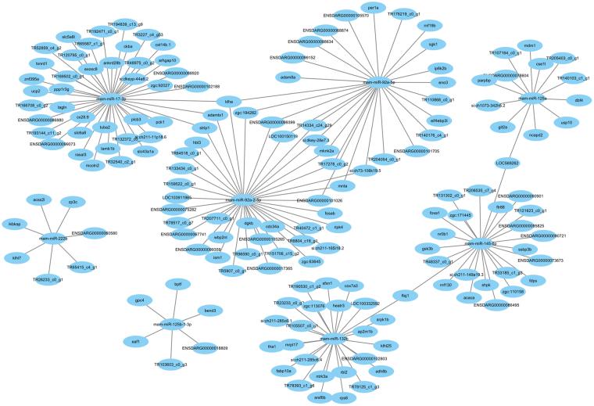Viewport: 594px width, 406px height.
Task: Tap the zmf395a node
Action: pyautogui.click(x=32, y=78)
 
